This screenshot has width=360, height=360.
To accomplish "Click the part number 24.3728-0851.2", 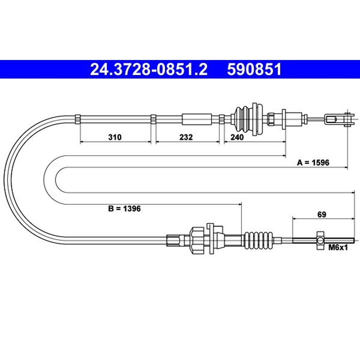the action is point(149,69).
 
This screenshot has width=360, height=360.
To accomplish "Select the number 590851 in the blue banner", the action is point(254,69).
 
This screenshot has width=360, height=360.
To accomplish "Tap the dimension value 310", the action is point(115,137).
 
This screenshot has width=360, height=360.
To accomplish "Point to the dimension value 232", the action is point(186,137).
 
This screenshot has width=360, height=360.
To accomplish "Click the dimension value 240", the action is point(237,137).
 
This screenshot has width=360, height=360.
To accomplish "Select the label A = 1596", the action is point(313,163).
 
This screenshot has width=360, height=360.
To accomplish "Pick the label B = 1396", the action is point(124,208).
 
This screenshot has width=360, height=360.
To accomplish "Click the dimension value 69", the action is point(322,214).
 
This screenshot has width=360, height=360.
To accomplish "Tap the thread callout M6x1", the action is point(338,247).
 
